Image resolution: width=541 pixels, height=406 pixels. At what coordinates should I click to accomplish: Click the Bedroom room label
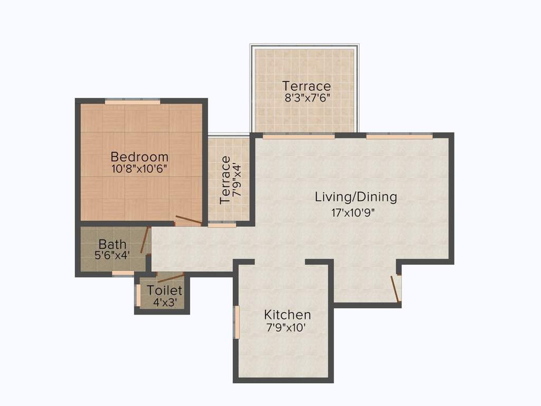pyautogui.click(x=139, y=157)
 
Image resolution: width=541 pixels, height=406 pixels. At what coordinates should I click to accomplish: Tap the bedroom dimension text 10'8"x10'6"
pyautogui.click(x=139, y=170)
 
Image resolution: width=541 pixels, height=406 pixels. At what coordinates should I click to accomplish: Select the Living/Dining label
pyautogui.click(x=356, y=197)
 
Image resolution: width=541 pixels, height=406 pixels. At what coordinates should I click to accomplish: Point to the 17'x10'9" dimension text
pyautogui.click(x=356, y=213)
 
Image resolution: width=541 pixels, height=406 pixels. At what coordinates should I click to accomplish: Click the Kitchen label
pyautogui.click(x=287, y=315)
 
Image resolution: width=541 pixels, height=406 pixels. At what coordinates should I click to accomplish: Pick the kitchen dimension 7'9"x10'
pyautogui.click(x=287, y=327)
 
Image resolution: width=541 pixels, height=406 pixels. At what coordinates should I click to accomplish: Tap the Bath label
pyautogui.click(x=113, y=244)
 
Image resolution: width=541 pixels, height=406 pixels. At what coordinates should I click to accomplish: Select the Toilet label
pyautogui.click(x=165, y=290)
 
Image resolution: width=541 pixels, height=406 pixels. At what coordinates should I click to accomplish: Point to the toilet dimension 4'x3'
pyautogui.click(x=165, y=302)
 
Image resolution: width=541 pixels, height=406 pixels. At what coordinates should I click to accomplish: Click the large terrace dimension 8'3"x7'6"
pyautogui.click(x=306, y=98)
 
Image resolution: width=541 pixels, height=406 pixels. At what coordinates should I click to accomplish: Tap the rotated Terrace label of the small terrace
pyautogui.click(x=225, y=180)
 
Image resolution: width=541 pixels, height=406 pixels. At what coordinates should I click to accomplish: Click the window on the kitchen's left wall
pyautogui.click(x=237, y=322)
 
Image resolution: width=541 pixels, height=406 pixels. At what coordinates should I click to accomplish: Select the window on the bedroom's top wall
pyautogui.click(x=132, y=101)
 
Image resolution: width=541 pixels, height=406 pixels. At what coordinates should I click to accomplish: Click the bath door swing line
pyautogui.click(x=145, y=241)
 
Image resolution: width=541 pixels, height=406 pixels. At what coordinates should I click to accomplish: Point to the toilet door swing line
pyautogui.click(x=171, y=278)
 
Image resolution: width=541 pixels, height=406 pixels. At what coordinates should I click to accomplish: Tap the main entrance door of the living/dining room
pyautogui.click(x=395, y=289)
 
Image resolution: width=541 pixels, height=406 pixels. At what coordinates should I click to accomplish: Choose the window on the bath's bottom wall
pyautogui.click(x=123, y=273)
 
